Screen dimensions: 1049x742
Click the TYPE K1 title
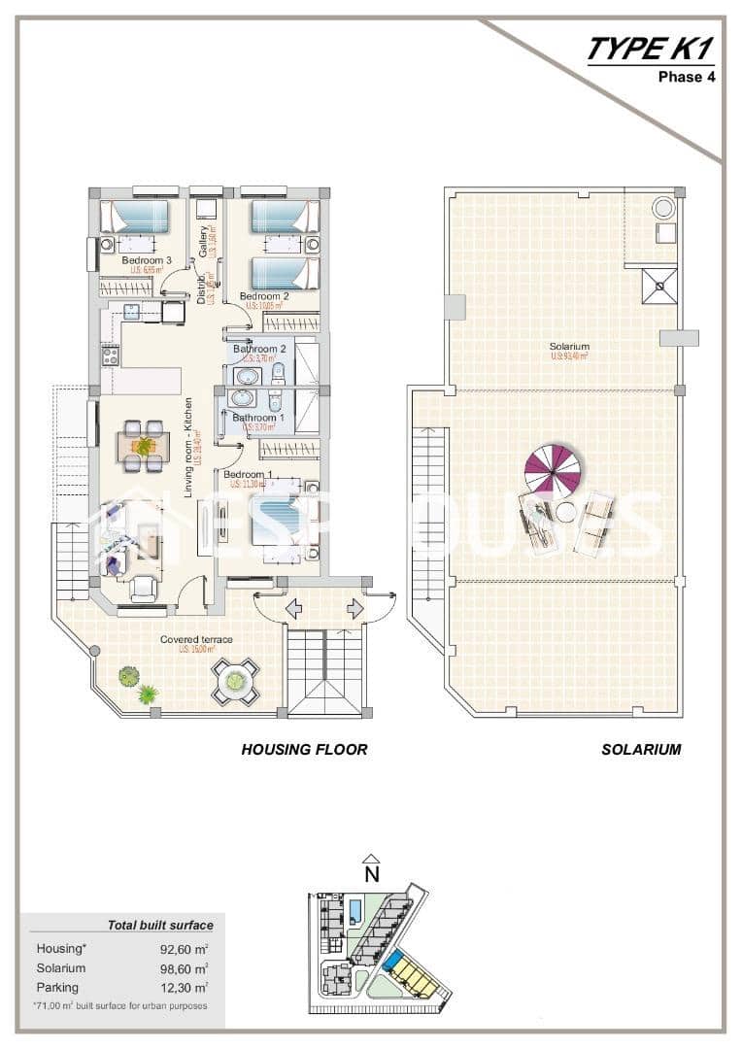(650, 50)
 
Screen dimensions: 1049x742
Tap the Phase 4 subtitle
(687, 77)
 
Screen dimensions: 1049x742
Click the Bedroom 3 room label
(147, 260)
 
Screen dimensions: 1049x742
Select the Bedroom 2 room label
(264, 296)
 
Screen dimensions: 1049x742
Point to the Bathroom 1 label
(257, 418)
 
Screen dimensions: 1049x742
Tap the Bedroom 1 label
(249, 474)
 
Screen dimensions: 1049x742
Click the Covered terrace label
(196, 639)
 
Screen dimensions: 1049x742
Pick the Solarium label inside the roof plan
(568, 347)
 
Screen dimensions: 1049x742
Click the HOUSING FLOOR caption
(304, 749)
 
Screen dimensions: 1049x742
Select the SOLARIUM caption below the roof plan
(641, 749)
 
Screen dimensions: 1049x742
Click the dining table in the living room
(143, 446)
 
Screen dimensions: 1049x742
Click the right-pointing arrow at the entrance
(354, 609)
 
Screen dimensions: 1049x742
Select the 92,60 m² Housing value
(185, 949)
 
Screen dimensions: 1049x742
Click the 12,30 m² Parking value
(185, 987)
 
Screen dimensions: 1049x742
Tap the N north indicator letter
(370, 873)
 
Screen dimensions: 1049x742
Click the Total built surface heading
(160, 925)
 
